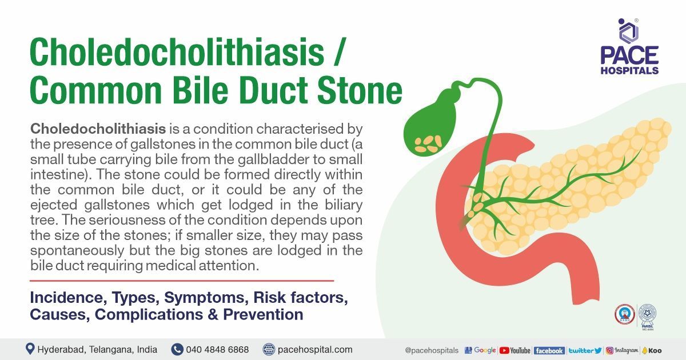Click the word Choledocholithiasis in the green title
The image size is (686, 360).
(x=177, y=53)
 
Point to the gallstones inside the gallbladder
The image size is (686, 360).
(x=429, y=143)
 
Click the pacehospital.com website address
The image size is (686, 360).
(x=314, y=349)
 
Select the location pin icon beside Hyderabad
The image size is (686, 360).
(x=30, y=349)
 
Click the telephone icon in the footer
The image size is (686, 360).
(x=177, y=349)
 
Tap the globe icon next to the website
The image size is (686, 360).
(x=269, y=349)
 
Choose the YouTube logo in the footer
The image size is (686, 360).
(x=514, y=350)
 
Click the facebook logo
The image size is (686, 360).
(x=549, y=350)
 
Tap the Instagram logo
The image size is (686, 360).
(x=622, y=350)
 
